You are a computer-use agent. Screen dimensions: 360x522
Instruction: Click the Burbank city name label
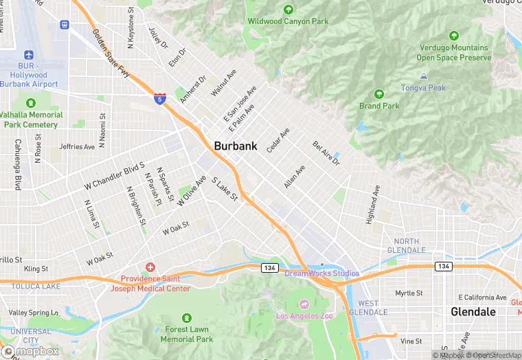pyautogui.click(x=236, y=146)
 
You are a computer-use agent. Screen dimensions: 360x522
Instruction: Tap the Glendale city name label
pyautogui.click(x=473, y=311)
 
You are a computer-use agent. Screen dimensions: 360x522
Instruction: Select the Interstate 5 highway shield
pyautogui.click(x=160, y=99)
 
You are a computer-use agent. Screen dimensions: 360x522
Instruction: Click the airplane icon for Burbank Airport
pyautogui.click(x=29, y=55)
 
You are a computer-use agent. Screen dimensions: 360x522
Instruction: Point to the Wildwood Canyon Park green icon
pyautogui.click(x=288, y=10)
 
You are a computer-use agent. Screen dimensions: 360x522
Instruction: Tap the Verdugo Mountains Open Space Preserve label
pyautogui.click(x=453, y=53)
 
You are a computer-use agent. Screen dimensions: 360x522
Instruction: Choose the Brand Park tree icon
pyautogui.click(x=378, y=94)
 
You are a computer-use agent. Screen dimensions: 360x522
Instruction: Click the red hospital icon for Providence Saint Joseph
pyautogui.click(x=150, y=267)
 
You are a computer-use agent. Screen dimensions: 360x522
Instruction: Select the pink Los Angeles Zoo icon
pyautogui.click(x=303, y=304)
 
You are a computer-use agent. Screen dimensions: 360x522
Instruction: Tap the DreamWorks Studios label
pyautogui.click(x=321, y=273)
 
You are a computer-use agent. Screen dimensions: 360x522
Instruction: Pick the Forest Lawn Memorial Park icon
pyautogui.click(x=187, y=318)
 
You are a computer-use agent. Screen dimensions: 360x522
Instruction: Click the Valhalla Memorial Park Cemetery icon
pyautogui.click(x=31, y=103)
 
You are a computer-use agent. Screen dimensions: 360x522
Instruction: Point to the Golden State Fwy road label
pyautogui.click(x=111, y=52)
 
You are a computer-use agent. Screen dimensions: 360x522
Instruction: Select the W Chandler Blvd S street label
pyautogui.click(x=114, y=177)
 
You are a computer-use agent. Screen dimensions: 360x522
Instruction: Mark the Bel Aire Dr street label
pyautogui.click(x=326, y=153)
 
